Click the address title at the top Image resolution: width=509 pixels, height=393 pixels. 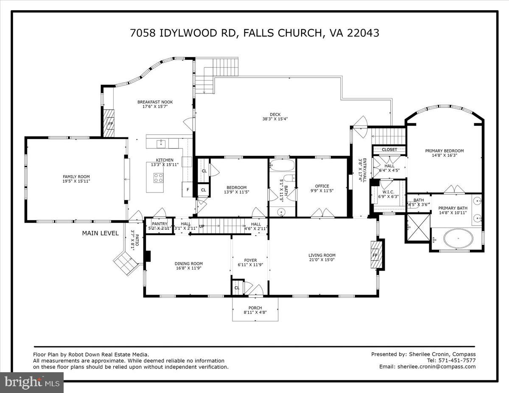click(x=254, y=33)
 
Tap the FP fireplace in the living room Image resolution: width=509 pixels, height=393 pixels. click(x=375, y=256)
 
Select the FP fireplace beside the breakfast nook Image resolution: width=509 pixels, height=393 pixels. click(x=110, y=124)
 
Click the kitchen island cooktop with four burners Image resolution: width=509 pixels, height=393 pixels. click(x=158, y=178)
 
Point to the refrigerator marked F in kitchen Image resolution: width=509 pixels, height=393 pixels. click(x=187, y=190)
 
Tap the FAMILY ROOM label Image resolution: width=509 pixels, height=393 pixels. click(x=76, y=177)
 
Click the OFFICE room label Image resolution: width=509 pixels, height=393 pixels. click(x=322, y=186)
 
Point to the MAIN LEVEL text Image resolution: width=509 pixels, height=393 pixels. click(x=101, y=233)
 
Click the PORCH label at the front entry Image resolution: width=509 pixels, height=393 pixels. click(x=255, y=308)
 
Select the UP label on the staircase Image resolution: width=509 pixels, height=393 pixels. click(x=202, y=226)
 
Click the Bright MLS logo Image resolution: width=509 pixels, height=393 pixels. click(x=32, y=382)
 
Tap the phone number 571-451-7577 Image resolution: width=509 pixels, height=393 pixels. click(x=457, y=360)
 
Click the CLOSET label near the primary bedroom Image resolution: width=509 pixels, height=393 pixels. click(x=389, y=150)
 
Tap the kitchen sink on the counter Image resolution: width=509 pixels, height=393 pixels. click(x=161, y=143)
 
